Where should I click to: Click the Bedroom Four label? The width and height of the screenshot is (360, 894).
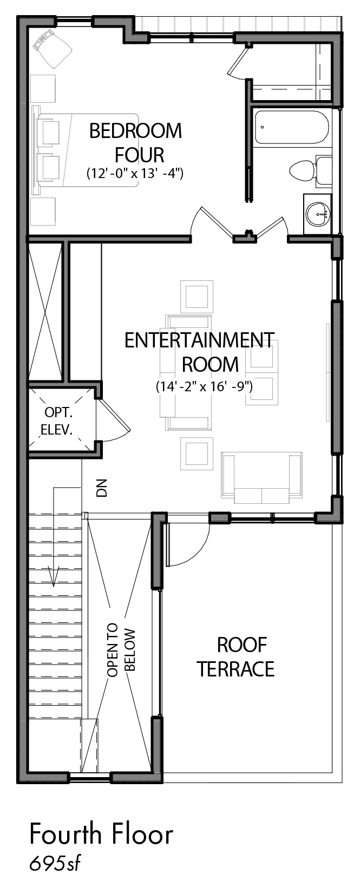coord(135,142)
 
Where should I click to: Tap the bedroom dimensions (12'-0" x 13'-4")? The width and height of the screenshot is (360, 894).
coord(135,174)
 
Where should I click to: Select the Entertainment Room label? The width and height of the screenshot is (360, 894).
coord(199,352)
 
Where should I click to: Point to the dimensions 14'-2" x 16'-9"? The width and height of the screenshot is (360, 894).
coord(205,386)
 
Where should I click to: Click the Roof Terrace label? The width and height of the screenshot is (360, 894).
coord(235,657)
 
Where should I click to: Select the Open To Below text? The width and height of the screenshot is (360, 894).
coord(121,653)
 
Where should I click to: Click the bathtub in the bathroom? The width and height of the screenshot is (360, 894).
coord(290,128)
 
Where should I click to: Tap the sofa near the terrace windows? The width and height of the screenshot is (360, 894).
coord(261,476)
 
